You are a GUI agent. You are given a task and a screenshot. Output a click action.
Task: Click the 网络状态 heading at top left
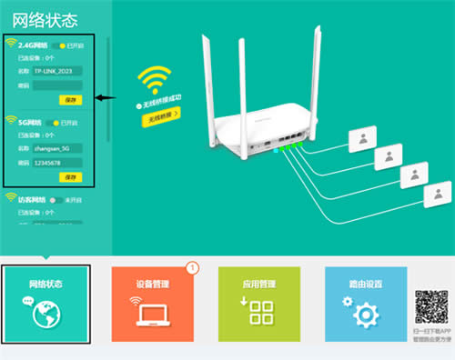pos(39,18)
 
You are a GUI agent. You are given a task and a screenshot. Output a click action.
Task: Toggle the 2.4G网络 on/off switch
pos(62,45)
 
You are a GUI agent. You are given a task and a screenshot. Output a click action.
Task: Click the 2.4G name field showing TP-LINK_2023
pos(57,69)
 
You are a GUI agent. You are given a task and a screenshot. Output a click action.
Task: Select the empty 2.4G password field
pos(57,85)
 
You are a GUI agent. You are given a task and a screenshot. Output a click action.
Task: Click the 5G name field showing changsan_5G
pos(57,146)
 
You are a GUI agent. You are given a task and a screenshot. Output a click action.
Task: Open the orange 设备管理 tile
pos(154,304)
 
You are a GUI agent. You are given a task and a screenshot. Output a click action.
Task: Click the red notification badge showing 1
pos(192,268)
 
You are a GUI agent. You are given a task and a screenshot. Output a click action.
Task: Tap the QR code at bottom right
pos(432,305)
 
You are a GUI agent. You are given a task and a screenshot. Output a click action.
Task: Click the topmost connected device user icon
pos(366,140)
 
